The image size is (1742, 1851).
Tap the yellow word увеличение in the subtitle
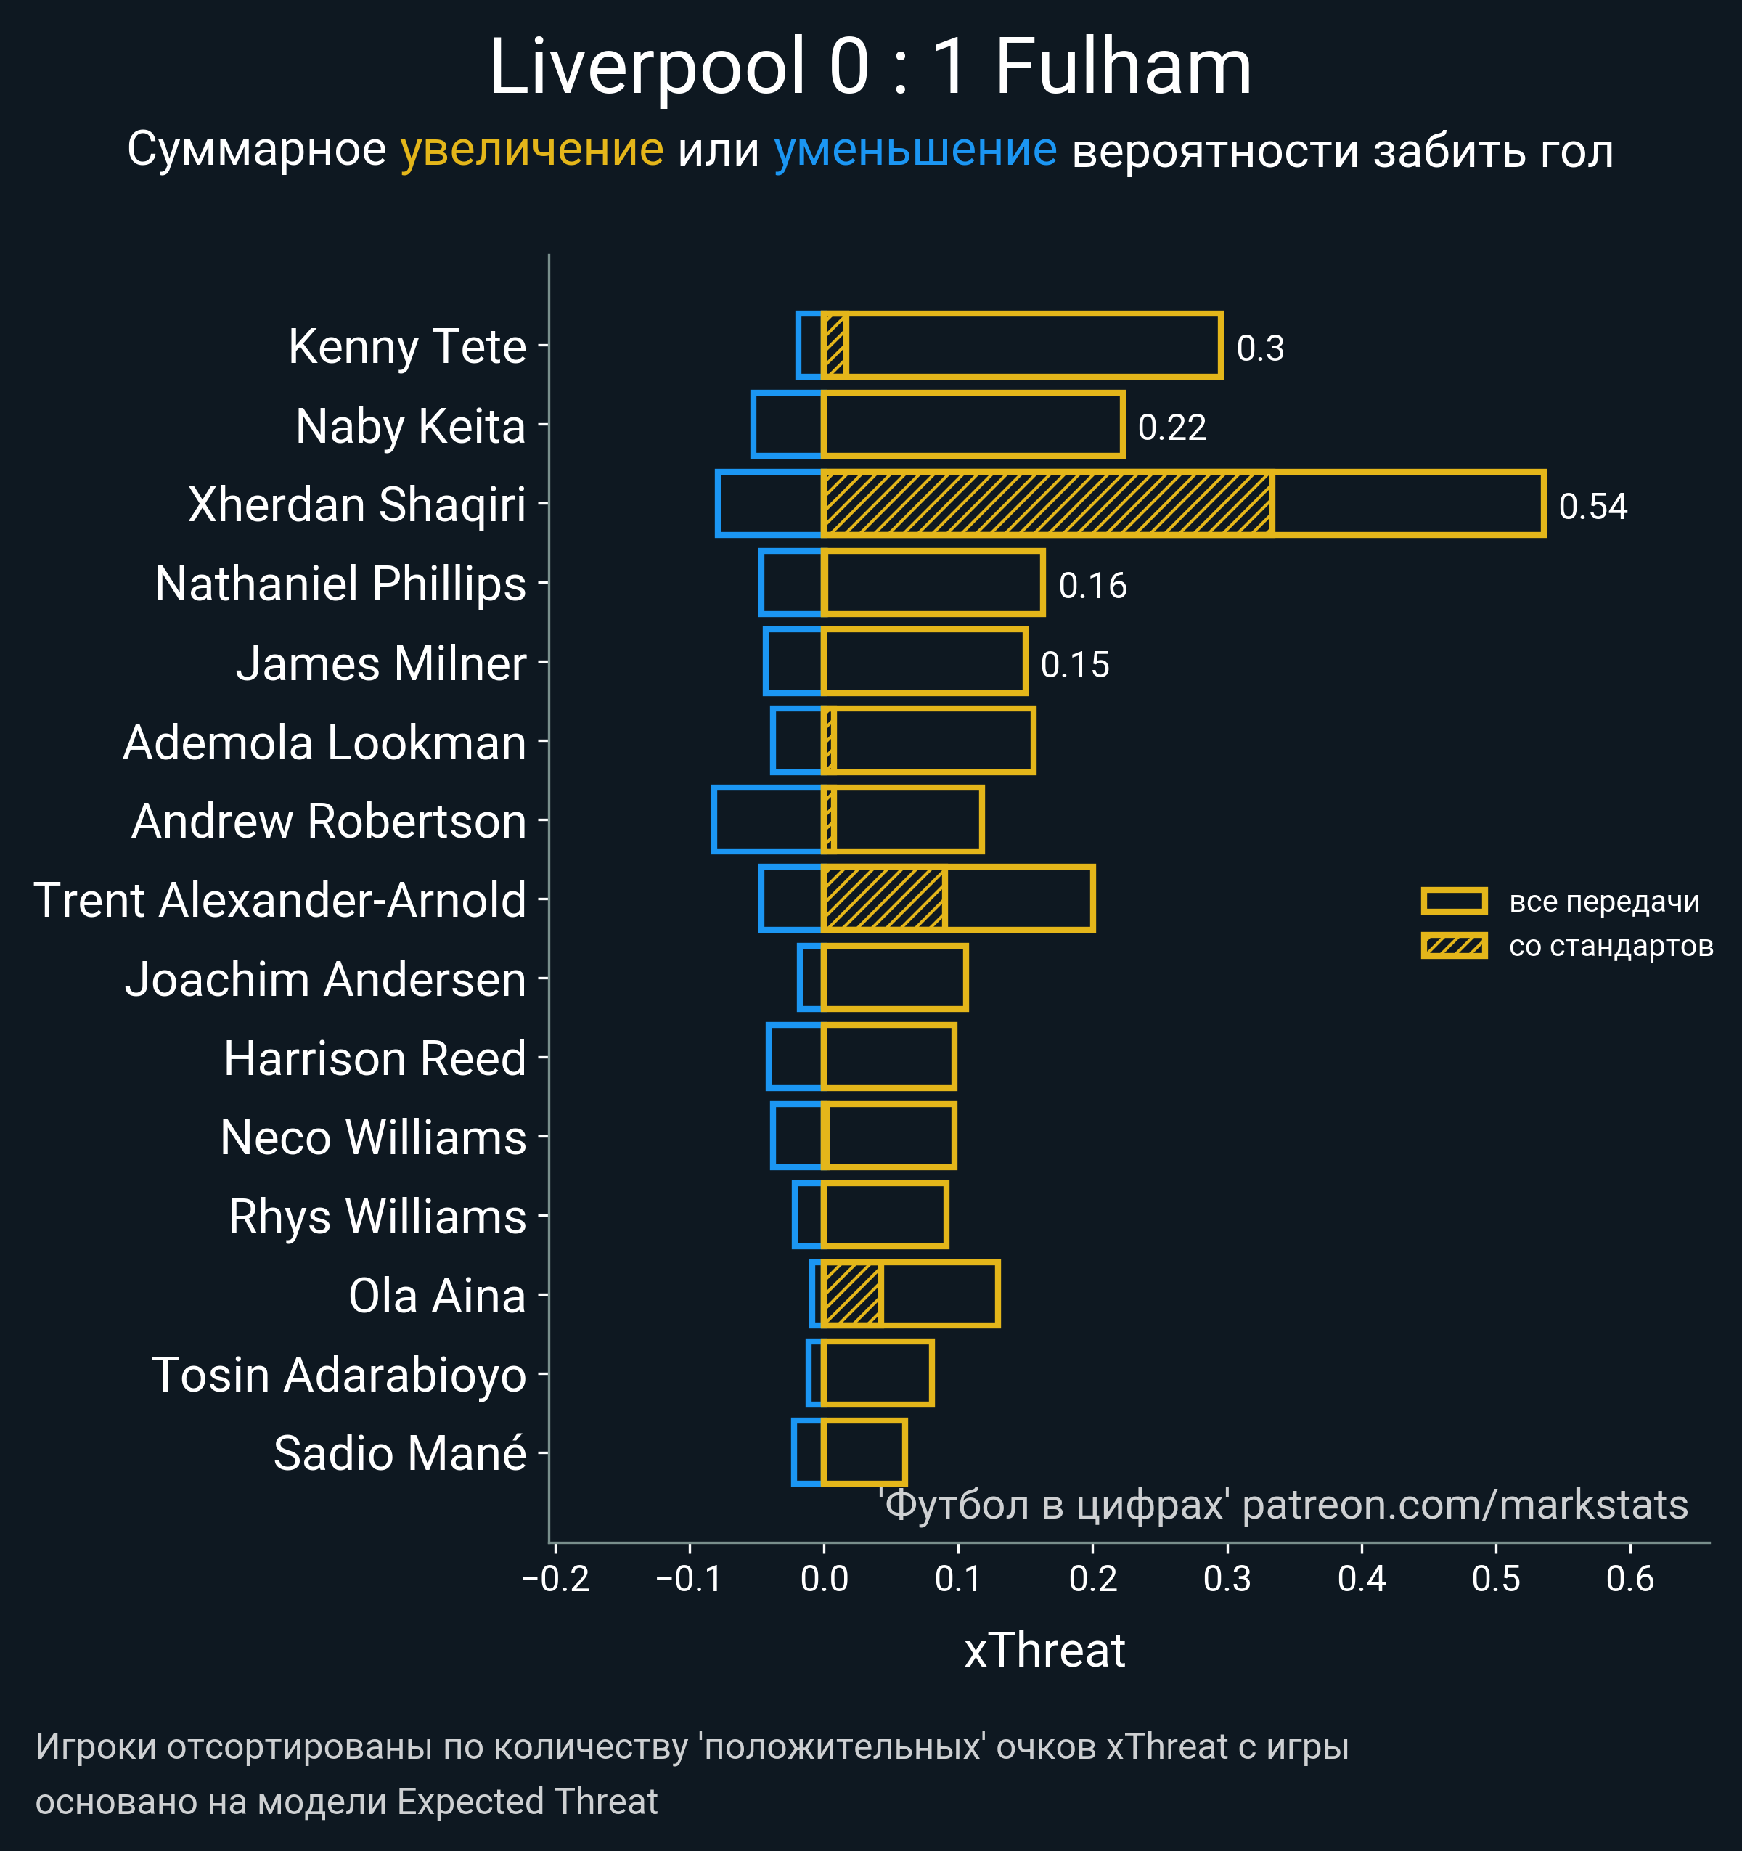[531, 150]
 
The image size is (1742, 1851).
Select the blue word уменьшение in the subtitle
[915, 150]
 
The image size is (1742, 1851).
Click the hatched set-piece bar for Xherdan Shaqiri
[1047, 504]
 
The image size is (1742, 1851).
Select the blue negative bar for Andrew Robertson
[768, 820]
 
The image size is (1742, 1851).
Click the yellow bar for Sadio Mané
[864, 1452]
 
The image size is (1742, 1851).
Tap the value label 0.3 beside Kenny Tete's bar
[1260, 348]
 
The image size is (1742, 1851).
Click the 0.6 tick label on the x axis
[1629, 1579]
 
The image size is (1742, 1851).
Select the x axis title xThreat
[1044, 1651]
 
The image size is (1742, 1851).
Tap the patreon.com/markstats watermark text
[1465, 1505]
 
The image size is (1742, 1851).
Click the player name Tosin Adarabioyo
[339, 1376]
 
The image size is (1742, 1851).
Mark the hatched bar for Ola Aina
[852, 1294]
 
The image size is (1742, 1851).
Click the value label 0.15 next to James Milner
[1074, 665]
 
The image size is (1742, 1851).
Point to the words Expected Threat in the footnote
[527, 1802]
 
